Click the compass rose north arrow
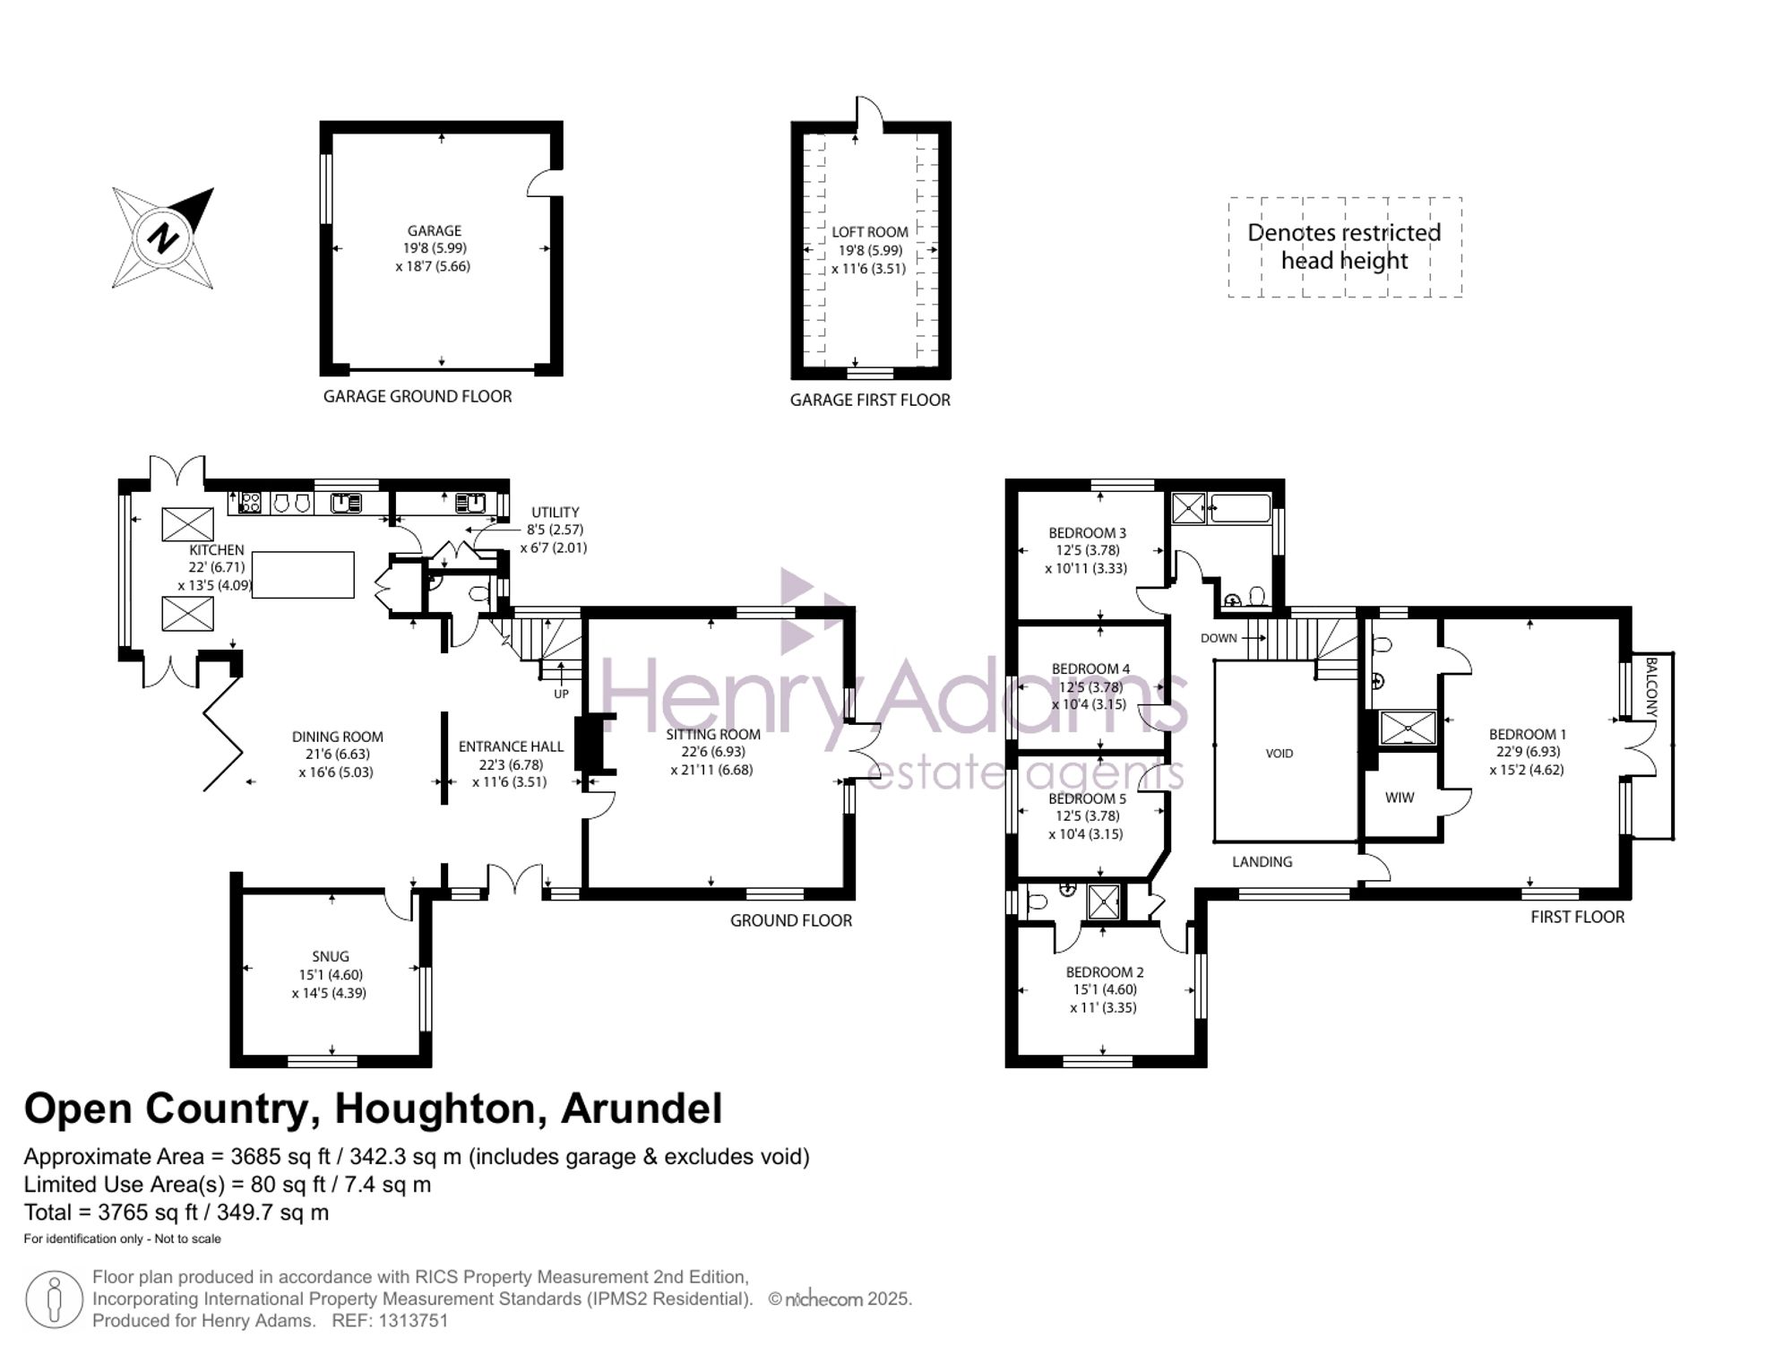(163, 237)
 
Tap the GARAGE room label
(434, 231)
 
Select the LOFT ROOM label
(869, 232)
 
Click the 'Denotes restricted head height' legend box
(1344, 246)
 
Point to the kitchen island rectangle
(303, 574)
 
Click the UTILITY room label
(555, 513)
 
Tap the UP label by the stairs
(561, 694)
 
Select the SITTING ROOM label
(712, 735)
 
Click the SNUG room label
(331, 957)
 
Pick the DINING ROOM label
(337, 737)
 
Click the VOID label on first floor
(1279, 754)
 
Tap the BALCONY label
(1651, 686)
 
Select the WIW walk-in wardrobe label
(1399, 798)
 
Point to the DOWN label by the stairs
(1219, 638)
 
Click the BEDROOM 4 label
(1090, 669)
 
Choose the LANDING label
(1262, 862)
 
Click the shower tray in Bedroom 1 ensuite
(1407, 728)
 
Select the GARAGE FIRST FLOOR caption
(869, 401)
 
